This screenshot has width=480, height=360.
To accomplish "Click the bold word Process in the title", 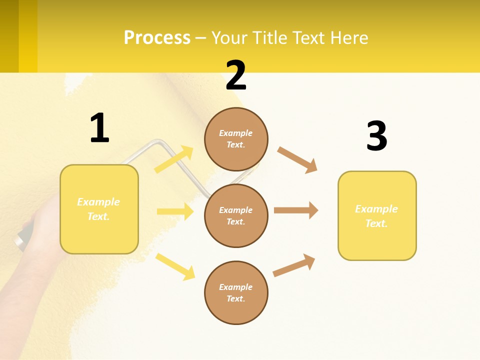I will click(x=157, y=38).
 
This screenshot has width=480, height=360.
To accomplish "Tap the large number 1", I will click(x=99, y=128).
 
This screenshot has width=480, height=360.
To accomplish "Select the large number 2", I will click(x=236, y=75).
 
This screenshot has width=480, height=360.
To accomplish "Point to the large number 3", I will click(x=376, y=136).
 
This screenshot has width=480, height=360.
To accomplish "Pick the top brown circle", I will click(x=236, y=139).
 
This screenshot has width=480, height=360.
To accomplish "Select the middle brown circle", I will click(x=236, y=215).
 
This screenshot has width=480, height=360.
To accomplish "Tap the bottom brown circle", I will click(x=236, y=292).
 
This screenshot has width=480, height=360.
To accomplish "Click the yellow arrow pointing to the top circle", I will click(x=174, y=159).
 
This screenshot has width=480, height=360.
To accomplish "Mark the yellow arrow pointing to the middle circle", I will click(x=175, y=211).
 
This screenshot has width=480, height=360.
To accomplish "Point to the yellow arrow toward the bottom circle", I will click(x=175, y=266).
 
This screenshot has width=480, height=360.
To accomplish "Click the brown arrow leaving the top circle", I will click(x=297, y=159).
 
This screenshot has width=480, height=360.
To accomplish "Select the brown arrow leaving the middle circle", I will click(x=296, y=210).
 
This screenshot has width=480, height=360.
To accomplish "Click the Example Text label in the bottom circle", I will click(x=236, y=292).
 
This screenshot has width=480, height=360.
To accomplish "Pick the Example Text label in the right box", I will click(x=376, y=216).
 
